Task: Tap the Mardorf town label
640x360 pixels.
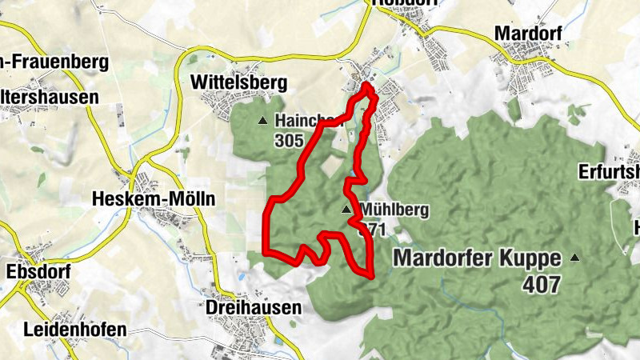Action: tap(528, 33)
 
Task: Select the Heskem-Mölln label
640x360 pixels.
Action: tap(154, 198)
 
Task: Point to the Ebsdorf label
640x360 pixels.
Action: tap(38, 272)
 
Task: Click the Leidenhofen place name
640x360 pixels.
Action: tap(75, 330)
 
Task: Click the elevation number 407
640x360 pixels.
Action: tap(542, 283)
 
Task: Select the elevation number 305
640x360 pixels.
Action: tap(288, 141)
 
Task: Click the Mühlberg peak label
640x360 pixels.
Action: tap(394, 210)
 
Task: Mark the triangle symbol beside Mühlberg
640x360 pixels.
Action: tap(346, 210)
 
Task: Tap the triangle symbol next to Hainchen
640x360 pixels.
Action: tap(263, 121)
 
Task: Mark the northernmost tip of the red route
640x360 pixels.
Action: tap(366, 85)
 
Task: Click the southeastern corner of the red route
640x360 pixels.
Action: tap(372, 275)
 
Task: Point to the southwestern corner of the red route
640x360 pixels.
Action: tap(265, 253)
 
